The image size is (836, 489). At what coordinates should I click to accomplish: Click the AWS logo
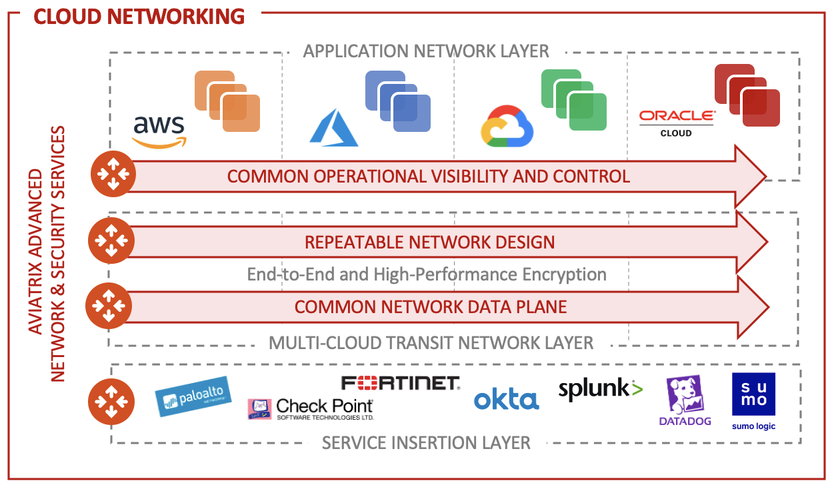159,131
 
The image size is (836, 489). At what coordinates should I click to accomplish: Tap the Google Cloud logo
507,126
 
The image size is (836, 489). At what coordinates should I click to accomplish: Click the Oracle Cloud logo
676,123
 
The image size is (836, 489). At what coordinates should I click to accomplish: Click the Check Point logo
311,408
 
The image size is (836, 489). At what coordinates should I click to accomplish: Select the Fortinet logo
400,382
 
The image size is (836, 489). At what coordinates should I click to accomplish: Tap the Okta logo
506,400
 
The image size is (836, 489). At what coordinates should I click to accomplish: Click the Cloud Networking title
139,16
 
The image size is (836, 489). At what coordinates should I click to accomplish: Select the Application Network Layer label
426,51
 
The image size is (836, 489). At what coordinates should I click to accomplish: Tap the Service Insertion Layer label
426,442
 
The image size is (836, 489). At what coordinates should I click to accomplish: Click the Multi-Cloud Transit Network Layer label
431,343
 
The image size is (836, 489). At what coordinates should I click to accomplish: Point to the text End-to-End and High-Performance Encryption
427,274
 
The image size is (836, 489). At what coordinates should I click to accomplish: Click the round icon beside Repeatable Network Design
111,241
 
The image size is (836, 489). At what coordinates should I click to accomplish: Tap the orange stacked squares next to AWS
227,101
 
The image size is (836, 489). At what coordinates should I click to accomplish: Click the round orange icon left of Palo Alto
111,402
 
